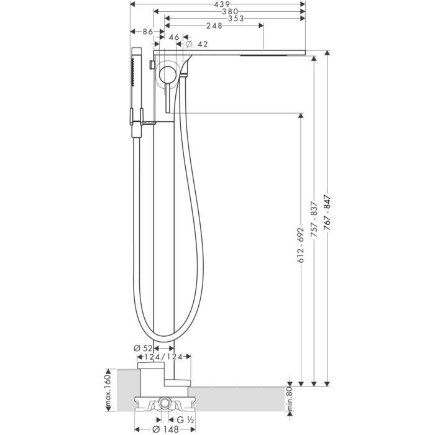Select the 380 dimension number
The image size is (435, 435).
click(x=230, y=12)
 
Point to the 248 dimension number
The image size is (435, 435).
click(x=215, y=26)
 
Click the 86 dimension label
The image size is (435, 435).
click(x=147, y=32)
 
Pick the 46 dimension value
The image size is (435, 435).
click(x=174, y=38)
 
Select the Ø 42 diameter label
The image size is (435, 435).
click(x=198, y=44)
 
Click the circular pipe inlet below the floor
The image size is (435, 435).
click(x=164, y=404)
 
